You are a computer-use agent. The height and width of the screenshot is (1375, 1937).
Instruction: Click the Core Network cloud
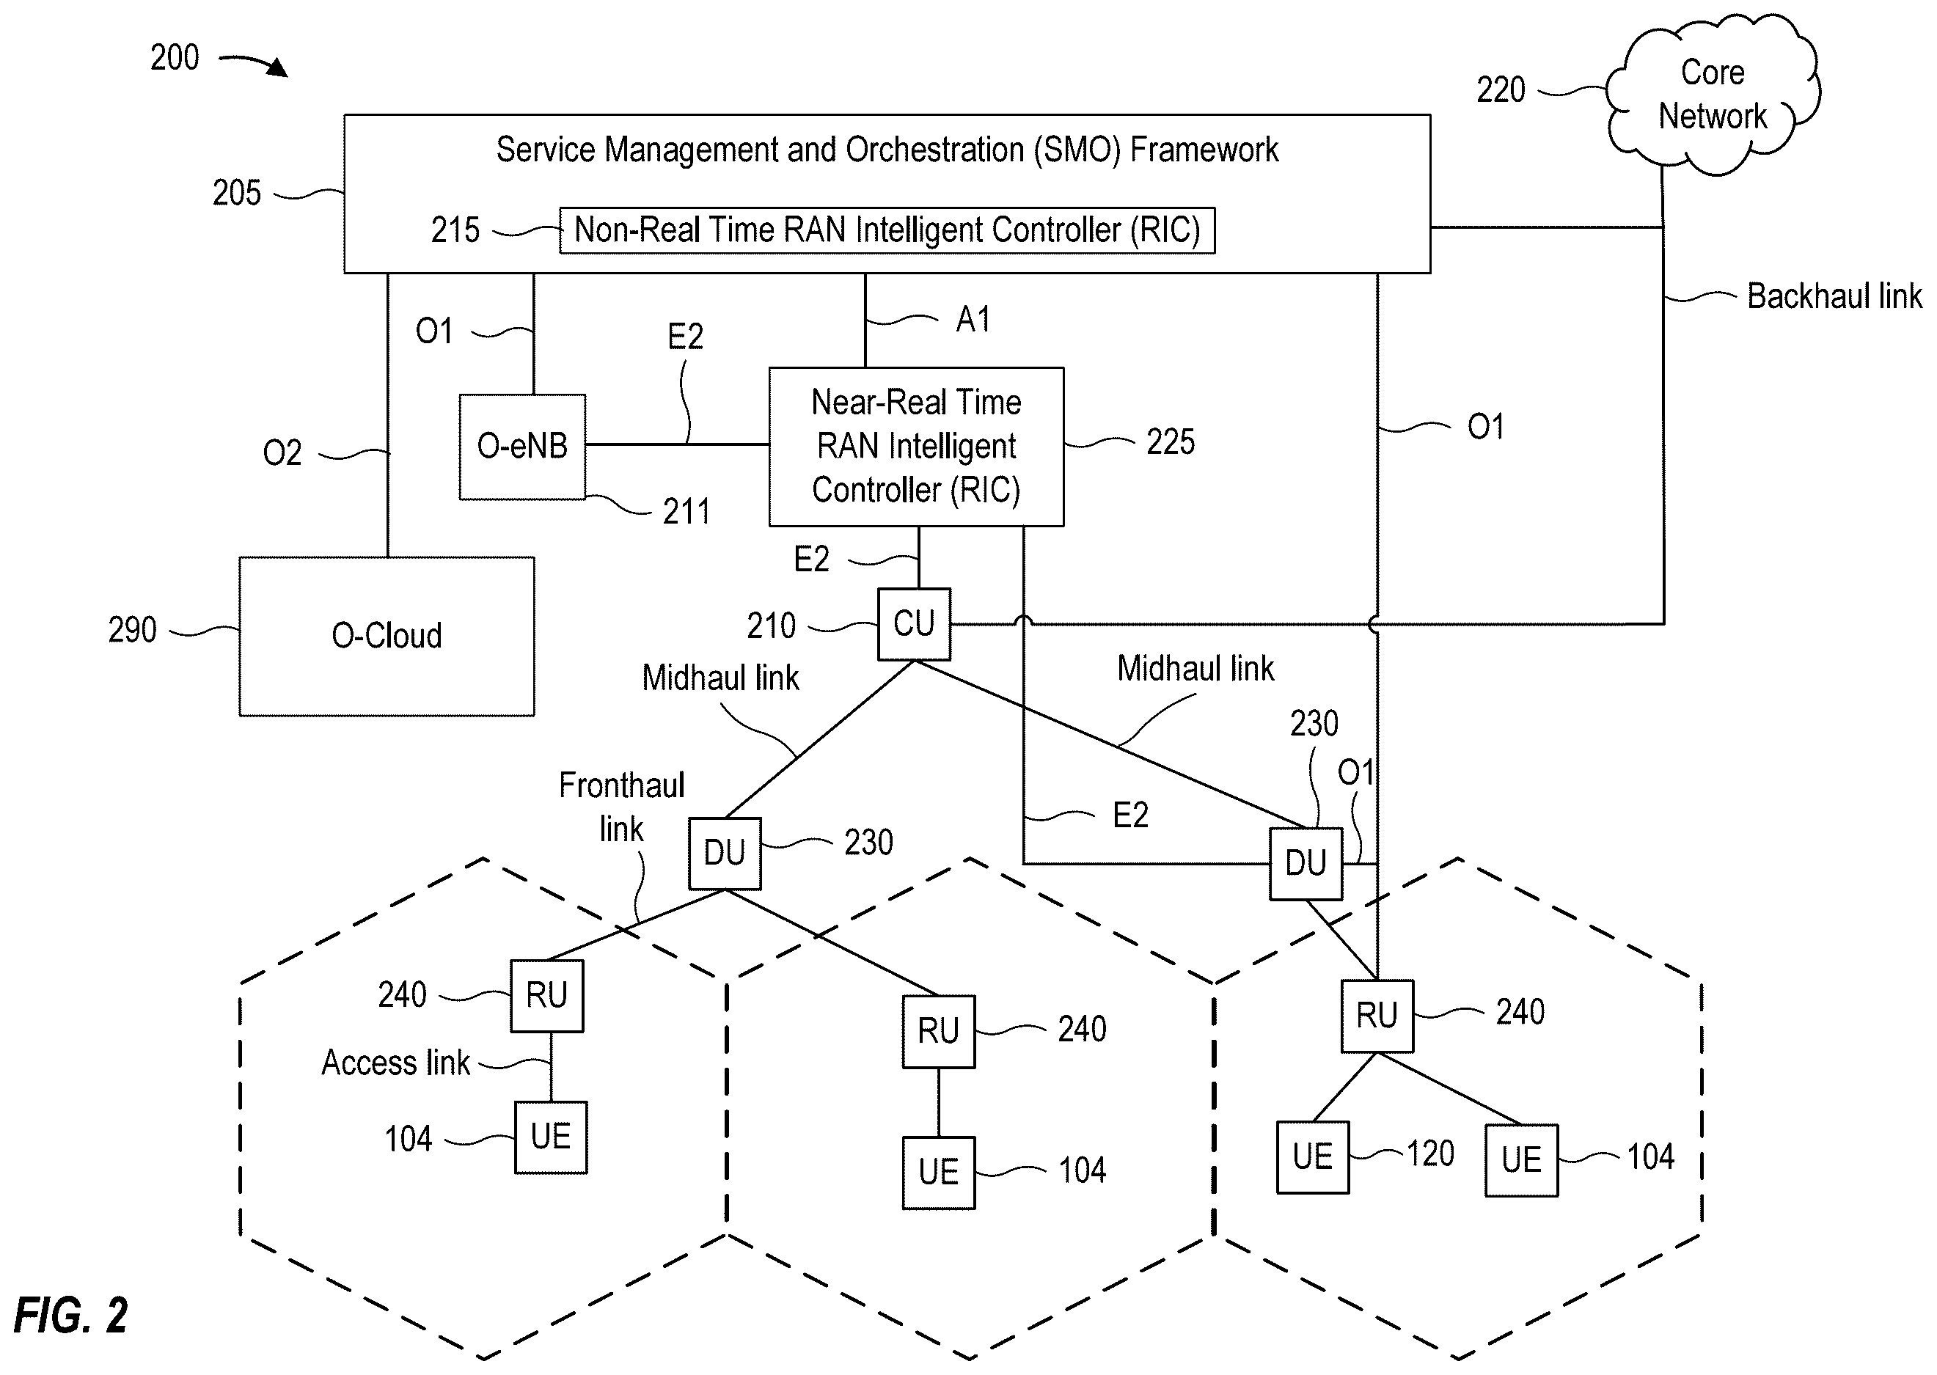[1712, 94]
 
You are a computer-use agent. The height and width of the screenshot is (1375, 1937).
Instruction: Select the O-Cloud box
[387, 636]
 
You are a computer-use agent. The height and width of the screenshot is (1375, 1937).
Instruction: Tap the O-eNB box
[522, 446]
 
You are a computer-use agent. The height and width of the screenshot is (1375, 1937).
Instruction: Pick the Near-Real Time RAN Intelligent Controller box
[916, 446]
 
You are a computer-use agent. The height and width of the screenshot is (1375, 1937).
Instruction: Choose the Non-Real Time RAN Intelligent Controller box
[887, 230]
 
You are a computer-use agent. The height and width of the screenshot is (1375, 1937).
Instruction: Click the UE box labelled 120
[1312, 1156]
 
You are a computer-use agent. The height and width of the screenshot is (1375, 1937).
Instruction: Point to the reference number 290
[132, 630]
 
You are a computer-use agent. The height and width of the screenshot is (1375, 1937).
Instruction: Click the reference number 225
[1170, 442]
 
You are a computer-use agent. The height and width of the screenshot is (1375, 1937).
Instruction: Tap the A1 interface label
[973, 319]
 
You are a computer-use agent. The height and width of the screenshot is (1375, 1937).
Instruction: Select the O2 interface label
[282, 453]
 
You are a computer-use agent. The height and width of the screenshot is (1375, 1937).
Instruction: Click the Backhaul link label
[1834, 296]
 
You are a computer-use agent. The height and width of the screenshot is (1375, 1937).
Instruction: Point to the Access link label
[395, 1063]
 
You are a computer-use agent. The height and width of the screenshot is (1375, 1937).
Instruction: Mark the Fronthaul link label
[621, 807]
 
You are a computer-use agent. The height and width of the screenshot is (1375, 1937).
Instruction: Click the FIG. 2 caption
[70, 1315]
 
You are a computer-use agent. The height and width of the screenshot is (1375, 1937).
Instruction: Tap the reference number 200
[175, 58]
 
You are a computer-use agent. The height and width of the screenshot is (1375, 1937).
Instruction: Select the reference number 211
[686, 511]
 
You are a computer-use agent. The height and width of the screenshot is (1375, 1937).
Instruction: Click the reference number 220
[1500, 89]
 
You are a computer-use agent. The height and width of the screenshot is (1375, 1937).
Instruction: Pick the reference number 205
[236, 193]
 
